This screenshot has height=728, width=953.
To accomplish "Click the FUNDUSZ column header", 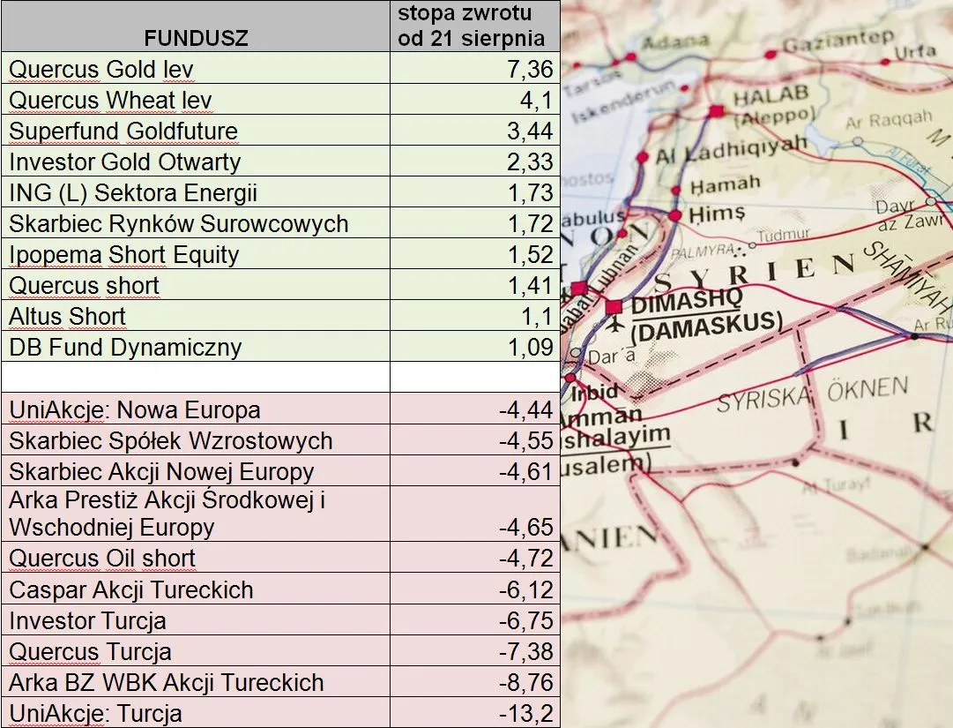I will click(196, 38).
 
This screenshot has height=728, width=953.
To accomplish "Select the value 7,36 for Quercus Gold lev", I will click(531, 69).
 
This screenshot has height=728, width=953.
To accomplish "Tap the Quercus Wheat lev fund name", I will click(110, 100).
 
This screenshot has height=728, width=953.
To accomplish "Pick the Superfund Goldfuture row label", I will click(123, 131).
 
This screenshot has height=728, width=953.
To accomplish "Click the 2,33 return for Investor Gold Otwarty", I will click(531, 161).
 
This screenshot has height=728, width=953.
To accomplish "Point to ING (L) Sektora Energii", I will click(133, 192).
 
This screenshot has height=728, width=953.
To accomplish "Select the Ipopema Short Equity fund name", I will click(123, 254).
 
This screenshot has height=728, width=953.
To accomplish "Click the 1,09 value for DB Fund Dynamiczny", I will click(531, 347).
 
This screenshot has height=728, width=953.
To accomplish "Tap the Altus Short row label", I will click(67, 316).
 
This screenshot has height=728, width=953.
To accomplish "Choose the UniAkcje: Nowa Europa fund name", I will click(134, 409).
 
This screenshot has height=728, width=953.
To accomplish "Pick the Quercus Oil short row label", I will click(102, 558).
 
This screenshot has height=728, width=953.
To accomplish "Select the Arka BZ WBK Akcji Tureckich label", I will click(166, 682).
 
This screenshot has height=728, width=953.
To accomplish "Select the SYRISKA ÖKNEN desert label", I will click(811, 394).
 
